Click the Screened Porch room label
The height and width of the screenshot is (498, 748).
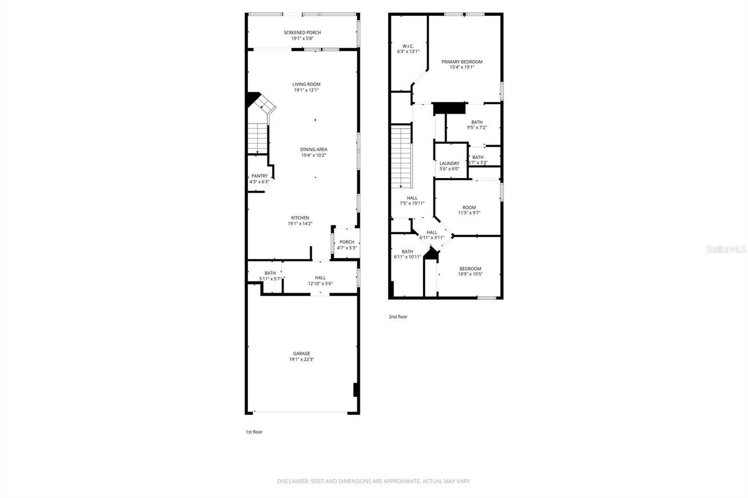(302, 33)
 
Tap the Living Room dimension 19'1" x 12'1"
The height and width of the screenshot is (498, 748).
(307, 90)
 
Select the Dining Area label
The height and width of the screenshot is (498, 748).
(313, 149)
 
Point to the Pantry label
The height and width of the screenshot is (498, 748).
(259, 176)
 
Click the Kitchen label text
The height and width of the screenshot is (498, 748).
(300, 218)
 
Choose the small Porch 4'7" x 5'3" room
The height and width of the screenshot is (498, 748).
(346, 245)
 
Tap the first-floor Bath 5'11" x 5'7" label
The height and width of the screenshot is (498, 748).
(270, 273)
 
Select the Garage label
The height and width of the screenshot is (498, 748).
(302, 354)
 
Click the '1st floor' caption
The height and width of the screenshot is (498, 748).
(254, 432)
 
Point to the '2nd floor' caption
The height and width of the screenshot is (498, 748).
(398, 317)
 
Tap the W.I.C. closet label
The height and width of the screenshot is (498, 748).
(408, 46)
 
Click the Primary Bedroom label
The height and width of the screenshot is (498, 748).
(462, 62)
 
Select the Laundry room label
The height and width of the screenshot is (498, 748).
(449, 164)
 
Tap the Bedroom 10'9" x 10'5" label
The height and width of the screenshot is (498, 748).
(470, 269)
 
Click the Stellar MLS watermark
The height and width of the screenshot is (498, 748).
(726, 249)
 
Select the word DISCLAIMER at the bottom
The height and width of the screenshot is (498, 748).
(293, 481)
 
